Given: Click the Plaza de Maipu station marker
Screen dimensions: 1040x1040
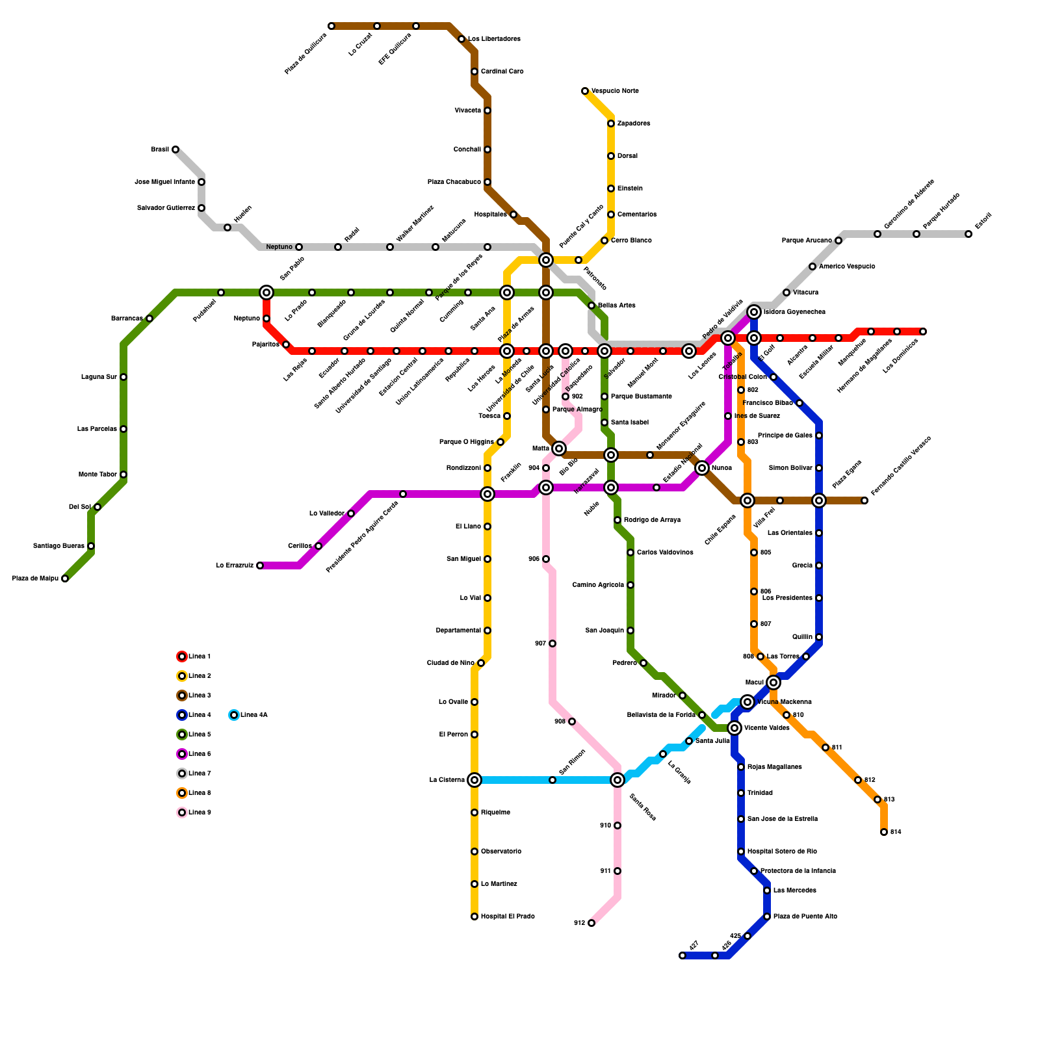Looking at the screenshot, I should [65, 578].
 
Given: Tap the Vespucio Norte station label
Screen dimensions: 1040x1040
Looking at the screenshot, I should [614, 91].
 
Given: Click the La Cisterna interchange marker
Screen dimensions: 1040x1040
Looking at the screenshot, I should [474, 780].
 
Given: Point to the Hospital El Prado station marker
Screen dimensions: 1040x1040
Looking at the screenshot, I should [474, 916].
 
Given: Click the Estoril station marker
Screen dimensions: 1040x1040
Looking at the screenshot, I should [968, 234].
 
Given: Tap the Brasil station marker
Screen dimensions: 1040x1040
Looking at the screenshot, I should [175, 149].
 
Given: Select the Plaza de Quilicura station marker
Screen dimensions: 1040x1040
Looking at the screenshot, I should [331, 26].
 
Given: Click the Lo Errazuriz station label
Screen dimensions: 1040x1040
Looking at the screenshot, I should [235, 565].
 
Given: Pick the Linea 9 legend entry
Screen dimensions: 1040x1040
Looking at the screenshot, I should [199, 812].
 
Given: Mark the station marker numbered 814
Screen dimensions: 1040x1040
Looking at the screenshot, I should [884, 832].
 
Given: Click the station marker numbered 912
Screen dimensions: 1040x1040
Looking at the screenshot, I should [591, 923].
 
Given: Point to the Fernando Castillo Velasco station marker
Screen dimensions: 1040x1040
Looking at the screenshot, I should [864, 500].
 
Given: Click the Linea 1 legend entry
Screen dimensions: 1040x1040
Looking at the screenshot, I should [199, 656].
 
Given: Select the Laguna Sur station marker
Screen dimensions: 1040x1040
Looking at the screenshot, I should [123, 377].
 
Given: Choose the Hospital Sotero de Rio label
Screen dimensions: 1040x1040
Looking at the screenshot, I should [782, 851].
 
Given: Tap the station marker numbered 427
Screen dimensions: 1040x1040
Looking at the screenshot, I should [682, 955].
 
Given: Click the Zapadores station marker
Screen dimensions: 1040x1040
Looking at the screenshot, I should [611, 123].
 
